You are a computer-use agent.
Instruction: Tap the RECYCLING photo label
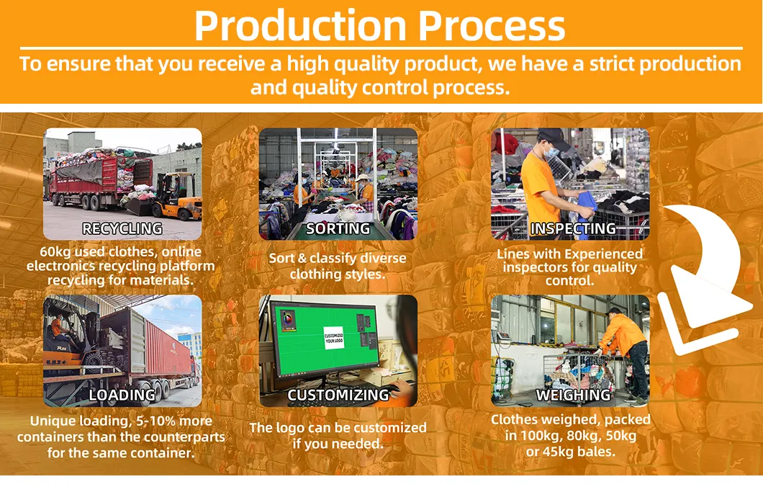click(x=122, y=229)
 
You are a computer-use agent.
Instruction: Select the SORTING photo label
click(x=338, y=229)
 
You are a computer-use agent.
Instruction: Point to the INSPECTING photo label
click(x=573, y=229)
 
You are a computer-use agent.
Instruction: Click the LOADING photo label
click(x=122, y=395)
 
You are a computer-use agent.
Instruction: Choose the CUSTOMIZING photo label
click(x=338, y=395)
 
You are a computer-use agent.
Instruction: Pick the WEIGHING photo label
click(x=573, y=395)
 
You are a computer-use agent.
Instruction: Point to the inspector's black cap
click(x=554, y=137)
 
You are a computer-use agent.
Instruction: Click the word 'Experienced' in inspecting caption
click(x=603, y=254)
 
